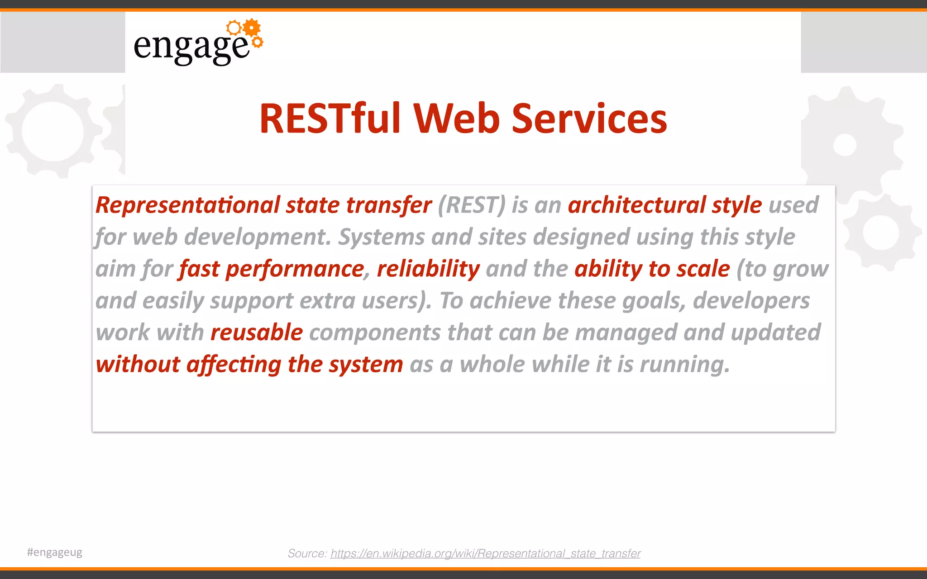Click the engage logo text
[x=191, y=47]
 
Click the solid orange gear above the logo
[x=252, y=28]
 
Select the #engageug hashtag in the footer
[x=55, y=552]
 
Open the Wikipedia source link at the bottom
[x=485, y=554]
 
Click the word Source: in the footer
[x=307, y=554]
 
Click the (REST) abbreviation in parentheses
[x=471, y=205]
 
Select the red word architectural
[x=636, y=205]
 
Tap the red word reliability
[x=428, y=269]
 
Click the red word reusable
[x=257, y=332]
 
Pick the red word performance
[x=295, y=270]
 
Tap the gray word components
[x=375, y=333]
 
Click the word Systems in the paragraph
[x=382, y=237]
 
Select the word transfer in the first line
[x=389, y=205]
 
